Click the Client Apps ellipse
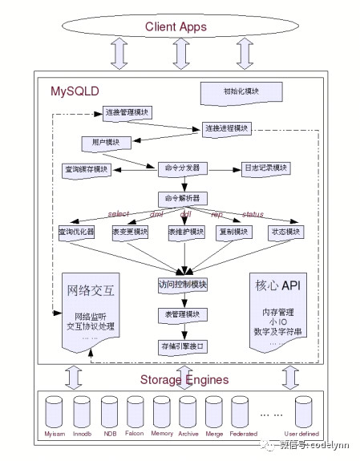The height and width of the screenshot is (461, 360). [x=176, y=27]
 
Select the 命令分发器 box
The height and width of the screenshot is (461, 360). [x=183, y=168]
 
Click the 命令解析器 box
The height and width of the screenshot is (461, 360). [x=183, y=197]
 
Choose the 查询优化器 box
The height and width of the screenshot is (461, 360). [x=77, y=232]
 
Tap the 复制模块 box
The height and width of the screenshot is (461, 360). [x=235, y=232]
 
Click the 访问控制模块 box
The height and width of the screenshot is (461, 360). [x=183, y=285]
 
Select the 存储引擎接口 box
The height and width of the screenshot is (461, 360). [x=183, y=346]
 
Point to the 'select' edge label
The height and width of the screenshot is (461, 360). [x=118, y=214]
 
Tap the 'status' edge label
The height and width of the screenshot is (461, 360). [x=253, y=214]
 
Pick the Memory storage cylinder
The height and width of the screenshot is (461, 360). [x=162, y=412]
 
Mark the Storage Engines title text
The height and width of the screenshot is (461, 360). [x=184, y=379]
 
